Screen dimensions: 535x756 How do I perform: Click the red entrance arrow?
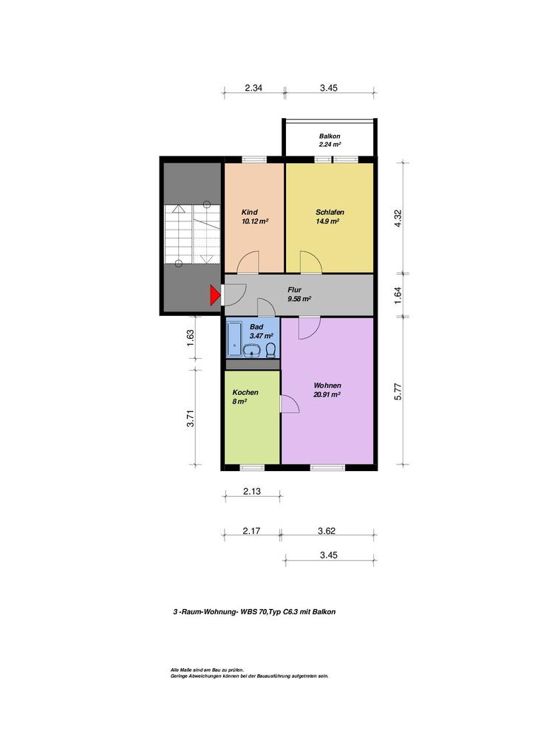(x=214, y=295)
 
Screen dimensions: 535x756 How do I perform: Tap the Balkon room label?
(x=330, y=136)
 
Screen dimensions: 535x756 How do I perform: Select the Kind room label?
(x=250, y=212)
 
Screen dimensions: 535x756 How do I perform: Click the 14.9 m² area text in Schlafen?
(x=327, y=221)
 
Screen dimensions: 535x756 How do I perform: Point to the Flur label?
(x=294, y=289)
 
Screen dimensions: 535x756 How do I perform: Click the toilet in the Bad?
(x=271, y=349)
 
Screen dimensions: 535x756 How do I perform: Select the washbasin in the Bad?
(x=252, y=351)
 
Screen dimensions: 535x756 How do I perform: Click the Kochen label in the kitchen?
(x=245, y=393)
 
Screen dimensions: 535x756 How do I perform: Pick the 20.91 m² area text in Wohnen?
(x=327, y=394)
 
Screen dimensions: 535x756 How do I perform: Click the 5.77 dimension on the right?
(x=398, y=391)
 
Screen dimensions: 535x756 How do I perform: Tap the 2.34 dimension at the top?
(x=253, y=88)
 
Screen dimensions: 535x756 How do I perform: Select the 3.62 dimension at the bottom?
(x=327, y=531)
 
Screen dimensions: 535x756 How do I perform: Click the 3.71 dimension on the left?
(x=191, y=418)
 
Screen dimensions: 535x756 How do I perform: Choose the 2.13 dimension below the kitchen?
(x=252, y=491)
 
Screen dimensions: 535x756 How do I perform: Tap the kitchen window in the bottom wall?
(x=252, y=467)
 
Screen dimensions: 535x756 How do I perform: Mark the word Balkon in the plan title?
(x=324, y=612)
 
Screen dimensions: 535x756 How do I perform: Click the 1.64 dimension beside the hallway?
(x=398, y=295)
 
